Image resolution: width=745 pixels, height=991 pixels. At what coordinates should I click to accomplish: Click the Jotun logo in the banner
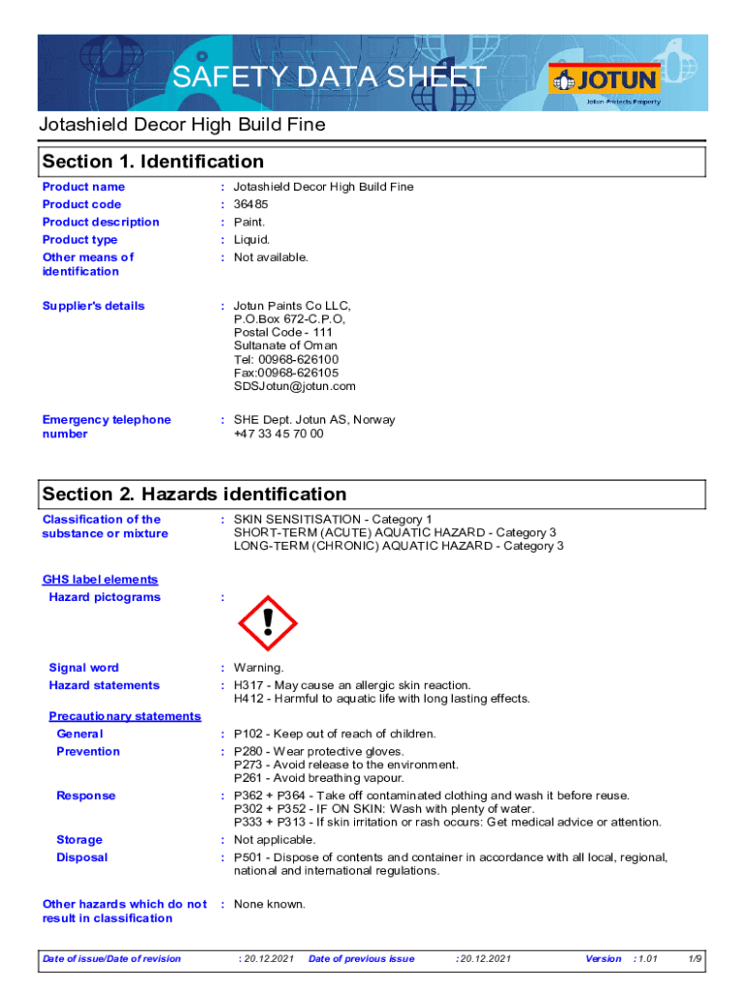pos(604,80)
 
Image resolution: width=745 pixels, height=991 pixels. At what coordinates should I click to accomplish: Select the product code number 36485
pos(252,204)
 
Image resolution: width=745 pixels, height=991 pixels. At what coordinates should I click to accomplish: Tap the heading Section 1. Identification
pos(153,162)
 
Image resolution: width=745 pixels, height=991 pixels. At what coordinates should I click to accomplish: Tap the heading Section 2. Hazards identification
pos(194,495)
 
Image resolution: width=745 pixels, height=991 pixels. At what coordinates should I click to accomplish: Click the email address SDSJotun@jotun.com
pos(295,386)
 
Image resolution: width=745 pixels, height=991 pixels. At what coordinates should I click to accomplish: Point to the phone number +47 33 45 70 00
pos(279,434)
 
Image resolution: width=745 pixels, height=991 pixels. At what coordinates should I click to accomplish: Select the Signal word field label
pos(84,668)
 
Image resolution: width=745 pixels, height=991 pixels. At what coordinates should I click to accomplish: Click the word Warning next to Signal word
pos(258,668)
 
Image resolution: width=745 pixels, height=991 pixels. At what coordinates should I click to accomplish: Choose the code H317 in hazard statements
pos(248,685)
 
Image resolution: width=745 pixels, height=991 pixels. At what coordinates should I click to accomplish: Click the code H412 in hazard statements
pos(248,699)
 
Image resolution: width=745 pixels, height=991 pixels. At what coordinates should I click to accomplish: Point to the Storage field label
pos(79,840)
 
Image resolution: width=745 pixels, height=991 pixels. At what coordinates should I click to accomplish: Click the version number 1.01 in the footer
pos(647,959)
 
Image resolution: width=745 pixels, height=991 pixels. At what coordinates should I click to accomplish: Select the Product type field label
pos(80,240)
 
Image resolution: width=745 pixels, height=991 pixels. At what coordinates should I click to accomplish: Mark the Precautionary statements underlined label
pos(125,716)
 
